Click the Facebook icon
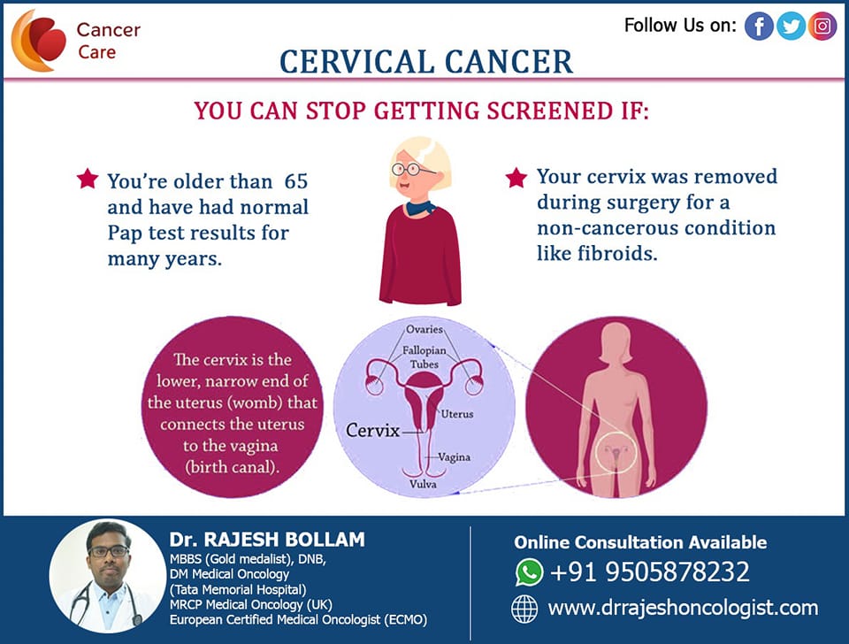[759, 26]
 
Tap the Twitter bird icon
[791, 26]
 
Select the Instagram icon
[822, 26]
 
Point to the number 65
[296, 181]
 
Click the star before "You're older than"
[88, 178]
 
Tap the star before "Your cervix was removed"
[516, 177]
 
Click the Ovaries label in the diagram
[424, 329]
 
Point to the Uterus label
[457, 414]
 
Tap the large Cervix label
[372, 431]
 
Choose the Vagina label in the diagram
[454, 457]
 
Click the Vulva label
[423, 484]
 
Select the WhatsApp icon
[529, 572]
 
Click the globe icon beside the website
[524, 609]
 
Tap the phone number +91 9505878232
[650, 571]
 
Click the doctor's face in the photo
[109, 553]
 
